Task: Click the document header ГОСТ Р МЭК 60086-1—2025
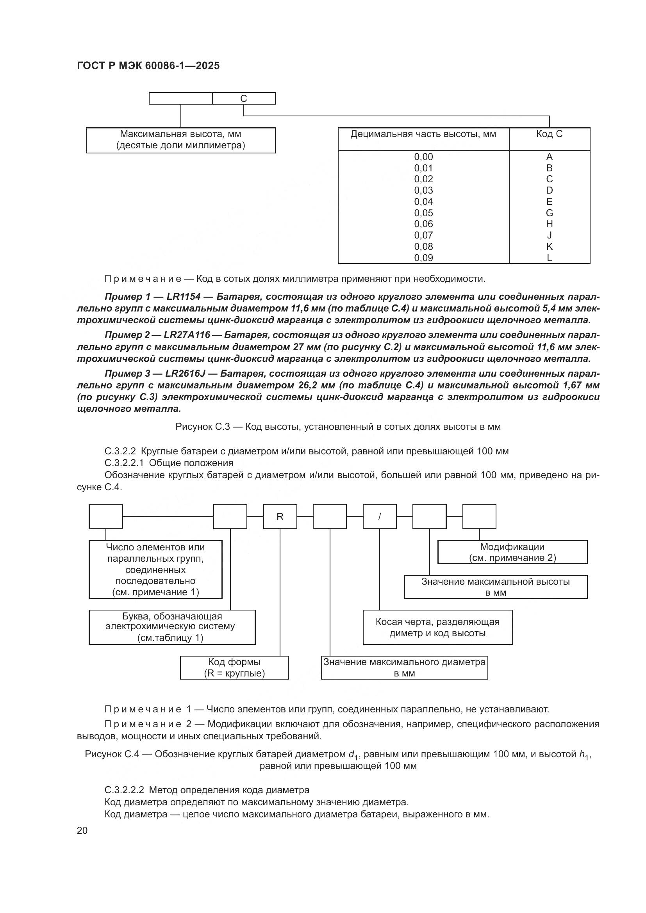pyautogui.click(x=148, y=66)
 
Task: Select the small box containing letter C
pyautogui.click(x=243, y=98)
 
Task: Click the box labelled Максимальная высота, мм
pyautogui.click(x=180, y=140)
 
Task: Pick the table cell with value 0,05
pyautogui.click(x=423, y=213)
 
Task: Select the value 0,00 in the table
pyautogui.click(x=423, y=157)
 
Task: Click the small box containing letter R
pyautogui.click(x=280, y=516)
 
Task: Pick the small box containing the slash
pyautogui.click(x=380, y=516)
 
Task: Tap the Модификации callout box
pyautogui.click(x=512, y=552)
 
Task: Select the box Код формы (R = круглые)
pyautogui.click(x=234, y=667)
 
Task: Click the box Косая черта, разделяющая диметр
pyautogui.click(x=437, y=627)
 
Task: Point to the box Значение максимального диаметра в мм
pyautogui.click(x=404, y=667)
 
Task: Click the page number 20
pyautogui.click(x=82, y=831)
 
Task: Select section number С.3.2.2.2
pyautogui.click(x=125, y=790)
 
